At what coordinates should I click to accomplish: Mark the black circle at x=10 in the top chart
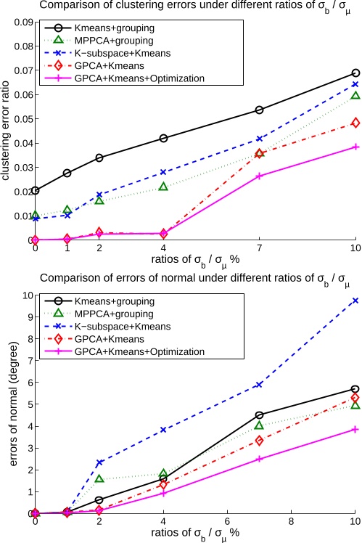(x=355, y=73)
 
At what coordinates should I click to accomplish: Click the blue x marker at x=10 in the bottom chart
(x=355, y=301)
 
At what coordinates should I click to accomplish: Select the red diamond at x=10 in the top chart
(x=355, y=123)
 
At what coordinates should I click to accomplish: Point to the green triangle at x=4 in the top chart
(x=163, y=187)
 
